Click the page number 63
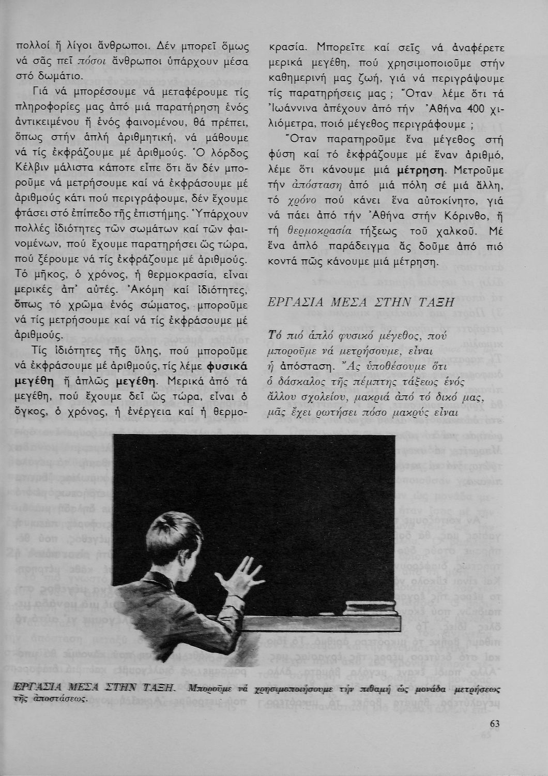[x=495, y=723]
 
